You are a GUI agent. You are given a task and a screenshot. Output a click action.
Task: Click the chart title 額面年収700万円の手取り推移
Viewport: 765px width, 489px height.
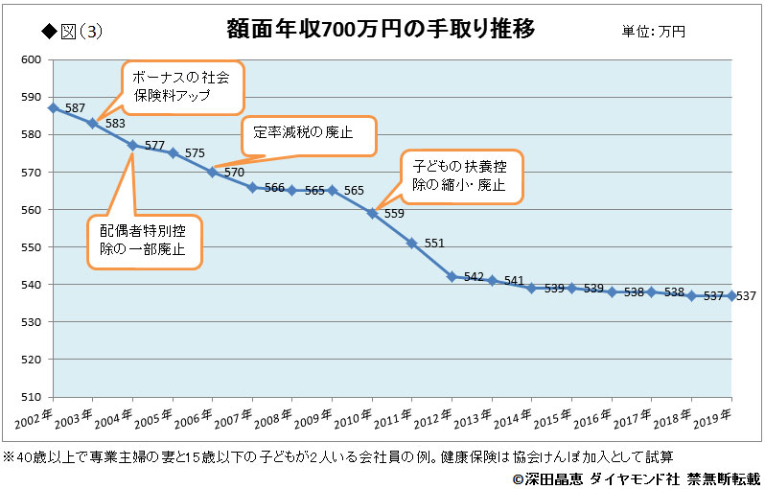381,28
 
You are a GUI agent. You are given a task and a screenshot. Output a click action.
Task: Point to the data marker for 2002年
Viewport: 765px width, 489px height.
53,107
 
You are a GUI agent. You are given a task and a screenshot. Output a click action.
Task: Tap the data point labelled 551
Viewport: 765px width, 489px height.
411,243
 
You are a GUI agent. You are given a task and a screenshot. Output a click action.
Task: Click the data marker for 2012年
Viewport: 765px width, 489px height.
452,276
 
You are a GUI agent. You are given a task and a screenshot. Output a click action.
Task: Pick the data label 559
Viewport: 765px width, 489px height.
394,214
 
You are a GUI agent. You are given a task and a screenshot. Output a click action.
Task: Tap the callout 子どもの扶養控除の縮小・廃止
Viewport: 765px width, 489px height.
462,175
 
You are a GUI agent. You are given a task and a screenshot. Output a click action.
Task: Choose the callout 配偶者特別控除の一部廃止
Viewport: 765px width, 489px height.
144,241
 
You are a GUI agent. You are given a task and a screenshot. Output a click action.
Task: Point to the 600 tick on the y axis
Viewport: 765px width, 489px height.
32,59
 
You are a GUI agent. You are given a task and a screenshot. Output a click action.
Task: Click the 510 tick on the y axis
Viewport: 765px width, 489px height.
32,397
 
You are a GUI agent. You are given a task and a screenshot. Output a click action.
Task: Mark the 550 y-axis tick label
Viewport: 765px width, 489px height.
32,247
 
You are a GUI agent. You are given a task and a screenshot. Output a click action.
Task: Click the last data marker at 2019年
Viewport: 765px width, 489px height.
732,295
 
